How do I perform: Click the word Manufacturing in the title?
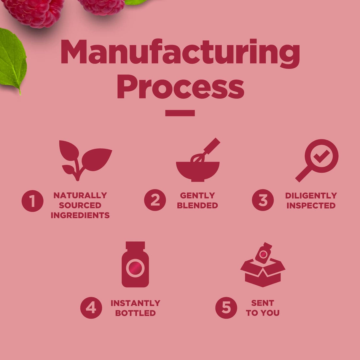(x=180, y=53)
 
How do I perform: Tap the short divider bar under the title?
(x=180, y=113)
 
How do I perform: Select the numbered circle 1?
(x=33, y=201)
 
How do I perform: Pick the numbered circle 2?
(x=155, y=200)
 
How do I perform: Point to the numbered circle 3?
(x=263, y=200)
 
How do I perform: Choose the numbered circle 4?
(x=91, y=308)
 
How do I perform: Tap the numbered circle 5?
(x=226, y=308)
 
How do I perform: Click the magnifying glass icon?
(x=317, y=160)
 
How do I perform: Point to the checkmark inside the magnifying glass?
(x=321, y=156)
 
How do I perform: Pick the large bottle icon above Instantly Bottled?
(x=135, y=264)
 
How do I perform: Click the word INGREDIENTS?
(x=80, y=215)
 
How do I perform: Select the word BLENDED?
(x=197, y=205)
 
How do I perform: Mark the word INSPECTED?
(x=311, y=206)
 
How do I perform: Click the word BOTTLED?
(x=136, y=313)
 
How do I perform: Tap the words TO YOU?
(x=263, y=313)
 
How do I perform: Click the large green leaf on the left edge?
(x=12, y=60)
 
